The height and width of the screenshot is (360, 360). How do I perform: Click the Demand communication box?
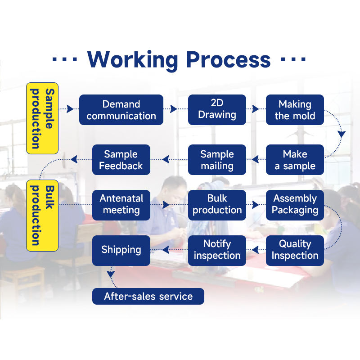pyautogui.click(x=121, y=110)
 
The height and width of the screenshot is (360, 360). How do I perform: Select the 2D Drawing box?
pyautogui.click(x=217, y=110)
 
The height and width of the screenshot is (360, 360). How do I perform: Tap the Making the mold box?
pyautogui.click(x=295, y=110)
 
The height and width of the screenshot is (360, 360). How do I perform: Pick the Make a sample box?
pyautogui.click(x=295, y=160)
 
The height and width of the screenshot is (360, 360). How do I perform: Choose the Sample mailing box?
pyautogui.click(x=217, y=160)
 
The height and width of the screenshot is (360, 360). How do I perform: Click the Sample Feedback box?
pyautogui.click(x=121, y=160)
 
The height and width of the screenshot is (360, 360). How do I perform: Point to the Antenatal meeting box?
pyautogui.click(x=121, y=205)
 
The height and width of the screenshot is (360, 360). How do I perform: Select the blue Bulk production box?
pyautogui.click(x=217, y=205)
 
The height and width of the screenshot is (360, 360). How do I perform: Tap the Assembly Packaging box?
pyautogui.click(x=295, y=205)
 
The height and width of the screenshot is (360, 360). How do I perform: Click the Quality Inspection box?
pyautogui.click(x=295, y=251)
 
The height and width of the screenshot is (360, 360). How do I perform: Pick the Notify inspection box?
pyautogui.click(x=217, y=251)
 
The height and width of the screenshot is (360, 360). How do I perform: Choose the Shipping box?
pyautogui.click(x=121, y=251)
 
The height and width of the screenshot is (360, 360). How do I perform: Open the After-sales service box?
pyautogui.click(x=148, y=296)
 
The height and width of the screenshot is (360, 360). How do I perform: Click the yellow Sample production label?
pyautogui.click(x=42, y=118)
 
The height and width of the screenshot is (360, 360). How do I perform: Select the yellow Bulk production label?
pyautogui.click(x=42, y=216)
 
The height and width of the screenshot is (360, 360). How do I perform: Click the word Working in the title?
pyautogui.click(x=133, y=60)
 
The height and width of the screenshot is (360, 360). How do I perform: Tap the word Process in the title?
pyautogui.click(x=229, y=59)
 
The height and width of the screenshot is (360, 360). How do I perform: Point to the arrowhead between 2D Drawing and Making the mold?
pyautogui.click(x=255, y=109)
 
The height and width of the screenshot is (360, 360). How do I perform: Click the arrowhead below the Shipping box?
pyautogui.click(x=111, y=274)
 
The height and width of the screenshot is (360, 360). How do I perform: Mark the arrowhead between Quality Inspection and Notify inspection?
pyautogui.click(x=255, y=250)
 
